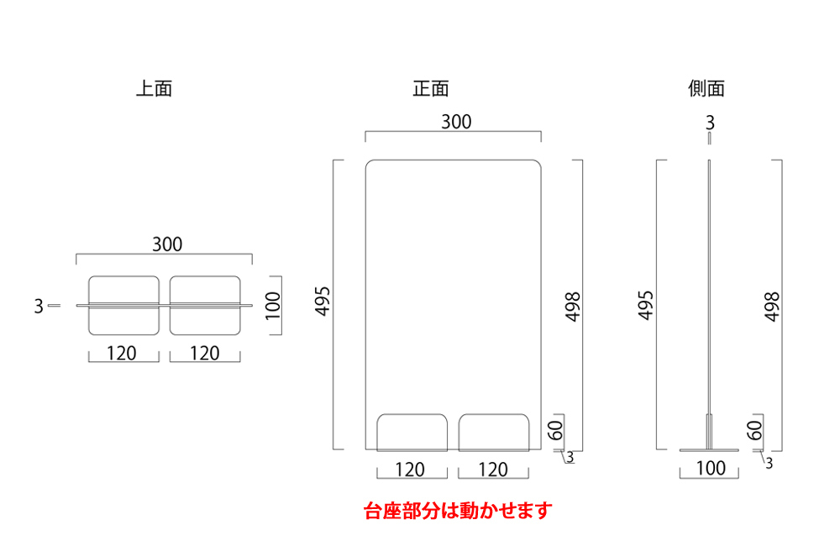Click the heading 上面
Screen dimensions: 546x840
pyautogui.click(x=154, y=88)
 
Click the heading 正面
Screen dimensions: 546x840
pyautogui.click(x=431, y=88)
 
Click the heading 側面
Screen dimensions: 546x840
pyautogui.click(x=706, y=88)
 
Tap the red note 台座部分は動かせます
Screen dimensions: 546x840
pyautogui.click(x=459, y=510)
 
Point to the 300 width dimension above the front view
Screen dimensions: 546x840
pyautogui.click(x=456, y=122)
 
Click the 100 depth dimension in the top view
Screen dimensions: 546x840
pyautogui.click(x=273, y=307)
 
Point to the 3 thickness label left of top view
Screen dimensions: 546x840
pyautogui.click(x=39, y=307)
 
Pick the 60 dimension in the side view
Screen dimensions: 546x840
pyautogui.click(x=753, y=430)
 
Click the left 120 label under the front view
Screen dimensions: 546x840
pyautogui.click(x=409, y=470)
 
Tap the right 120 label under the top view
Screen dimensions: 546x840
pyautogui.click(x=204, y=354)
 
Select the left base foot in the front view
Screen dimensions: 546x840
pyautogui.click(x=411, y=432)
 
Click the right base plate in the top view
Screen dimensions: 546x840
pyautogui.click(x=205, y=307)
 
